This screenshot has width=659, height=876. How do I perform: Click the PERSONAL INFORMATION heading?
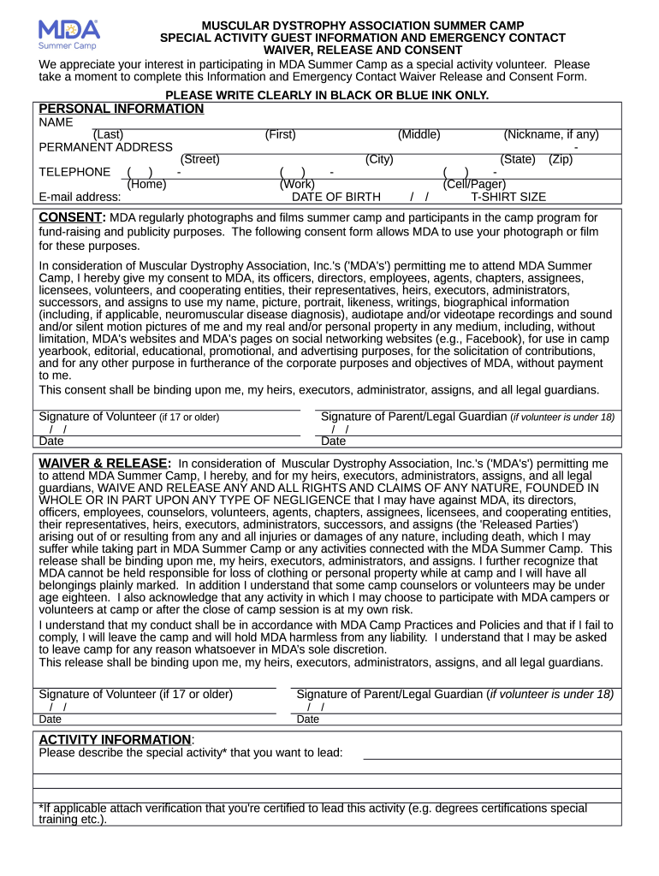point(122,109)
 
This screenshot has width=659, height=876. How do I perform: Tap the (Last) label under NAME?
point(108,134)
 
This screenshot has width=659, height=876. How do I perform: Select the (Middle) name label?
point(419,134)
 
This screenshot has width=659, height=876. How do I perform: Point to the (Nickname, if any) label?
point(550,134)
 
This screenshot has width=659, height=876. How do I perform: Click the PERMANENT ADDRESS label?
point(106,147)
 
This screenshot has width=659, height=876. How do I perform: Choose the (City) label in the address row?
point(379,159)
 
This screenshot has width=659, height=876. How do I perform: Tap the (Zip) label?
point(561,159)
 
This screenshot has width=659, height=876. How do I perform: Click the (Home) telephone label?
point(146,184)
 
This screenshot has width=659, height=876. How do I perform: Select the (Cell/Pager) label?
point(474,184)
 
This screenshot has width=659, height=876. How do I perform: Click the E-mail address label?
point(80,197)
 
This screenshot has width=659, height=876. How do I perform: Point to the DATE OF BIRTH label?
point(336,197)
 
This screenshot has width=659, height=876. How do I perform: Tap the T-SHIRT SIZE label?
point(508,197)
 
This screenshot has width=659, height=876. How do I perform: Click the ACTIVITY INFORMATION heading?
point(116,739)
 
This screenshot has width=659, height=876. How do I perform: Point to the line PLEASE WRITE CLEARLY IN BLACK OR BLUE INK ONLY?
point(327,95)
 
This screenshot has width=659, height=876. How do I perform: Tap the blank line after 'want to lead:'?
point(492,753)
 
